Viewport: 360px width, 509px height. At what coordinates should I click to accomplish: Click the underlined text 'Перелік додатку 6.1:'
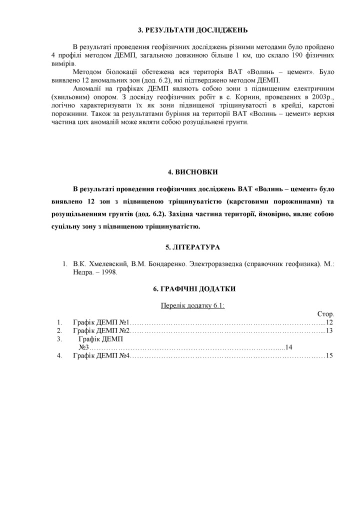[x=192, y=305]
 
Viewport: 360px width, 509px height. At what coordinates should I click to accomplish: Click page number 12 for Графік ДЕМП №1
[x=329, y=322]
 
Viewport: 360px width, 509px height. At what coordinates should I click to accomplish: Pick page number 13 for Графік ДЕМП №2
[x=329, y=330]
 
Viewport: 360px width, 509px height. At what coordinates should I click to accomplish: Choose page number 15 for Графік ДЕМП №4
[x=329, y=355]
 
